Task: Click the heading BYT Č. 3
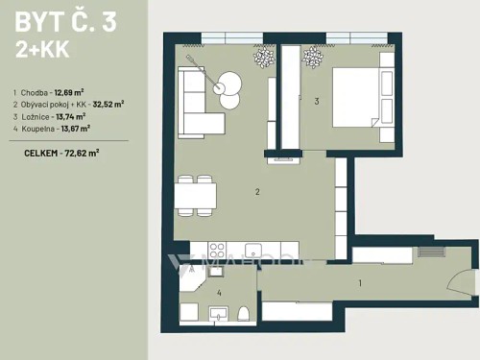(x=65, y=22)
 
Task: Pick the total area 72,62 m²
(x=81, y=151)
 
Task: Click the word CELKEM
(x=39, y=151)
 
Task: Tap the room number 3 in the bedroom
(x=316, y=100)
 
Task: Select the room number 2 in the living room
(x=257, y=192)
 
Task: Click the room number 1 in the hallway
(x=360, y=282)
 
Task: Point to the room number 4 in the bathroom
(x=220, y=292)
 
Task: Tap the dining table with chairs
(x=196, y=197)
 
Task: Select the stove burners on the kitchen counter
(x=202, y=251)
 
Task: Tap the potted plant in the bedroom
(x=313, y=58)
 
